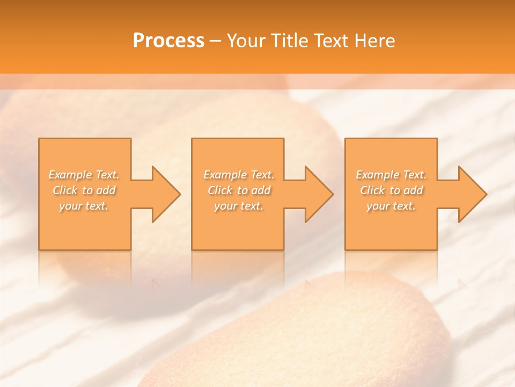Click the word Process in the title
point(168,41)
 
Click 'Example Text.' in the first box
point(84,175)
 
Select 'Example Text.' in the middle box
point(239,175)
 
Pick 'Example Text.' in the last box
point(391,175)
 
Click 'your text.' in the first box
point(84,206)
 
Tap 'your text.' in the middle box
point(239,206)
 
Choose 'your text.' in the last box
point(391,206)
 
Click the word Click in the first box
point(65,190)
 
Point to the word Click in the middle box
point(219,190)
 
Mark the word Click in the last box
point(372,190)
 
